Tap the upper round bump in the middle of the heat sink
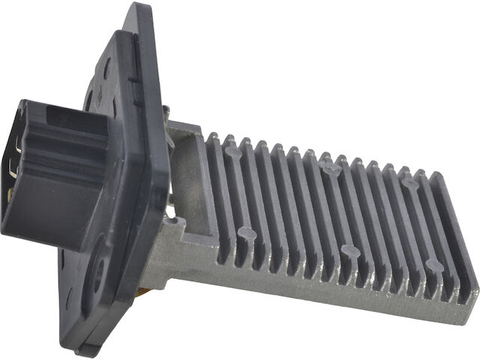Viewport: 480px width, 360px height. pos(330,169)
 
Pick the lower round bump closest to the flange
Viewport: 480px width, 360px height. pos(247,233)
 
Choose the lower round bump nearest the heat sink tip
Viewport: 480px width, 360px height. pos(433,265)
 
